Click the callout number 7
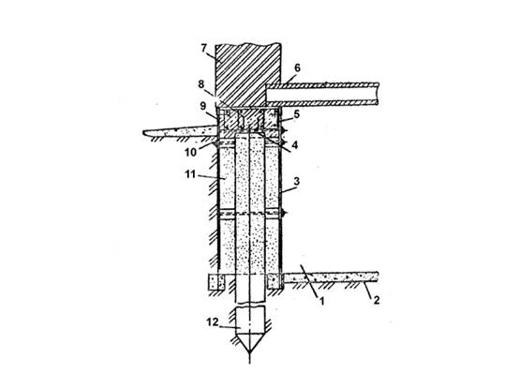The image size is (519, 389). [x=204, y=49]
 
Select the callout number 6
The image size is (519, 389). [x=297, y=67]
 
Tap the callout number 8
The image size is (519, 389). [x=201, y=84]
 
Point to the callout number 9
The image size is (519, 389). [x=203, y=106]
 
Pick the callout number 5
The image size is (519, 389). [x=297, y=114]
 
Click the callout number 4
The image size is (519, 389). [x=295, y=144]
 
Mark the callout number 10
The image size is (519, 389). [x=191, y=152]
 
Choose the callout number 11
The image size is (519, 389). [x=190, y=174]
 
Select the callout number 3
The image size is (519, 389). [x=297, y=181]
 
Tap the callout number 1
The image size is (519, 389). [x=321, y=301]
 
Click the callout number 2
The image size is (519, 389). [x=377, y=300]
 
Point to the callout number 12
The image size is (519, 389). [x=213, y=322]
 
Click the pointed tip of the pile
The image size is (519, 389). [x=250, y=353]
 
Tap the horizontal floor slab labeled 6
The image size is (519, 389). [x=322, y=94]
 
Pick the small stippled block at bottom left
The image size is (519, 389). [x=216, y=282]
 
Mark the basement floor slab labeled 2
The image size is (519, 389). [x=331, y=277]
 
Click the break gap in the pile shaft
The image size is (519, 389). [x=250, y=305]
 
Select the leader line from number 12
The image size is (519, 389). [x=230, y=327]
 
